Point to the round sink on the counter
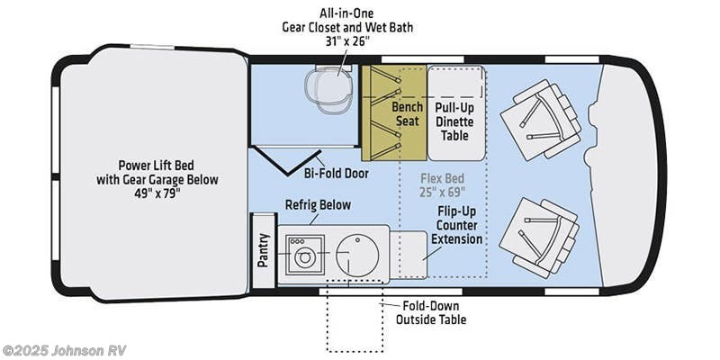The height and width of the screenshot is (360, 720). (355, 255)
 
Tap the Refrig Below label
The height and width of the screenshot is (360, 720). (318, 205)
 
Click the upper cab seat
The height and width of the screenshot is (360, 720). (540, 117)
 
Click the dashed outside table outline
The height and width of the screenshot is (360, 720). (353, 319)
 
